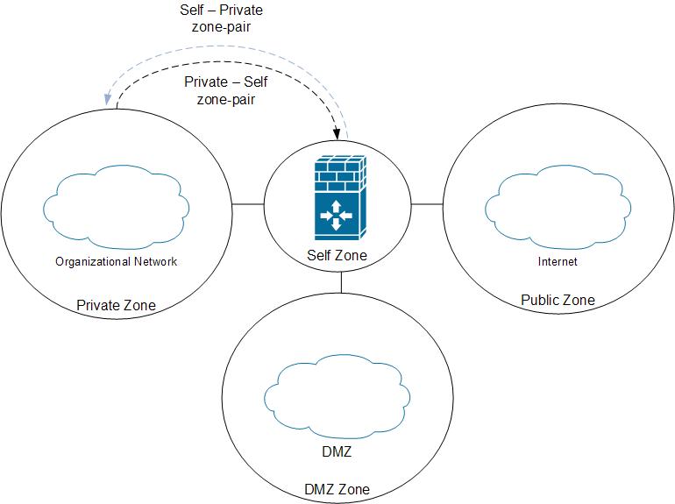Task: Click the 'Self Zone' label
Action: pyautogui.click(x=337, y=256)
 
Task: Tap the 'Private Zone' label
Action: pyautogui.click(x=116, y=305)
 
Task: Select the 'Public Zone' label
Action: pyautogui.click(x=558, y=300)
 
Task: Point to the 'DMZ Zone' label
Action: pyautogui.click(x=336, y=489)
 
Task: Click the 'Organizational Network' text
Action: pyautogui.click(x=116, y=261)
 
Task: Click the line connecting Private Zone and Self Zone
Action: pyautogui.click(x=247, y=204)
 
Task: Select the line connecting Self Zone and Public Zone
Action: pyautogui.click(x=427, y=204)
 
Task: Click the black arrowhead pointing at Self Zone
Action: pyautogui.click(x=337, y=133)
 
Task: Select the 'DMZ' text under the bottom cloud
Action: pyautogui.click(x=337, y=453)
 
